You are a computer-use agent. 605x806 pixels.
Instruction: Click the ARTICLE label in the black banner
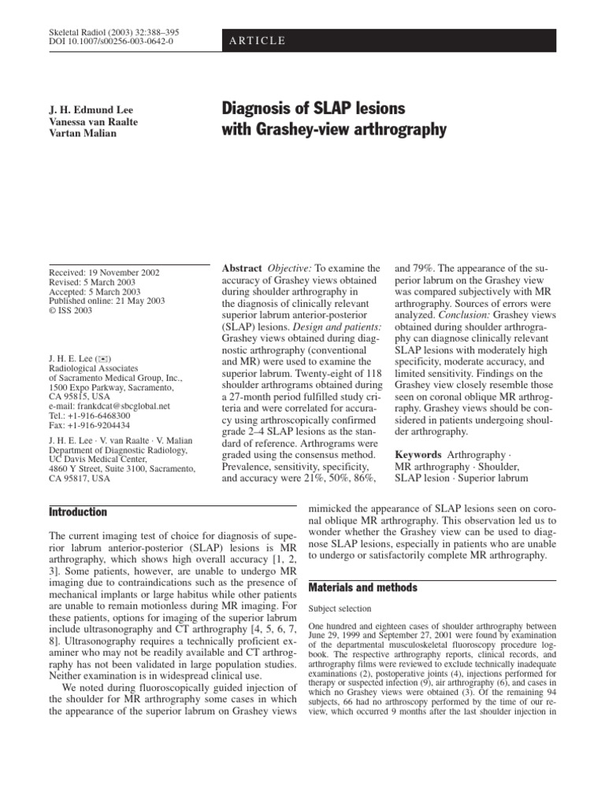[258, 41]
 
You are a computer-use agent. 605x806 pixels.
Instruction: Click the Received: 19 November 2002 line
[104, 273]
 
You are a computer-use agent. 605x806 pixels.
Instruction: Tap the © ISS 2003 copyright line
[71, 311]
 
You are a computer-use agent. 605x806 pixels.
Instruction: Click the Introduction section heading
[78, 512]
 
